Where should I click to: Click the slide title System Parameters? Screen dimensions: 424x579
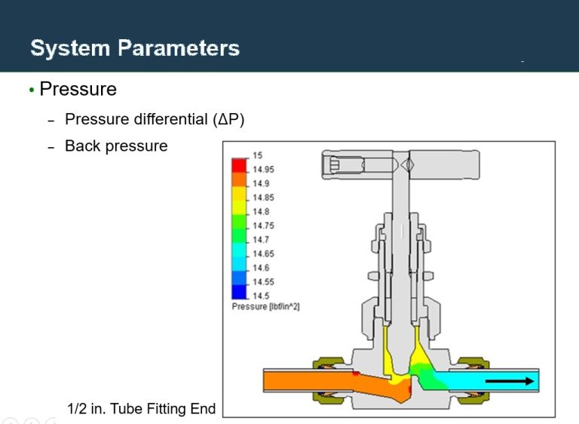pos(135,49)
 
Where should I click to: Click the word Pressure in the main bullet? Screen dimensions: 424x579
pos(78,90)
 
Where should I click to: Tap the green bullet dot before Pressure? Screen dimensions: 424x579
pos(32,91)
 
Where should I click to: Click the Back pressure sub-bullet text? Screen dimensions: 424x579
pos(116,146)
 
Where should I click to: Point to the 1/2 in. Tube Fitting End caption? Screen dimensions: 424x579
pos(141,409)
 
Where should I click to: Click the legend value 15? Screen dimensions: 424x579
pos(257,155)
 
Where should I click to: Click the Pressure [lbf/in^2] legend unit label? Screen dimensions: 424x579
pos(265,307)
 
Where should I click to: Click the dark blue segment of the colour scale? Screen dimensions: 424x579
pos(239,291)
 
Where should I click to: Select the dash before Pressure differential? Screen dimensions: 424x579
pos(51,121)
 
